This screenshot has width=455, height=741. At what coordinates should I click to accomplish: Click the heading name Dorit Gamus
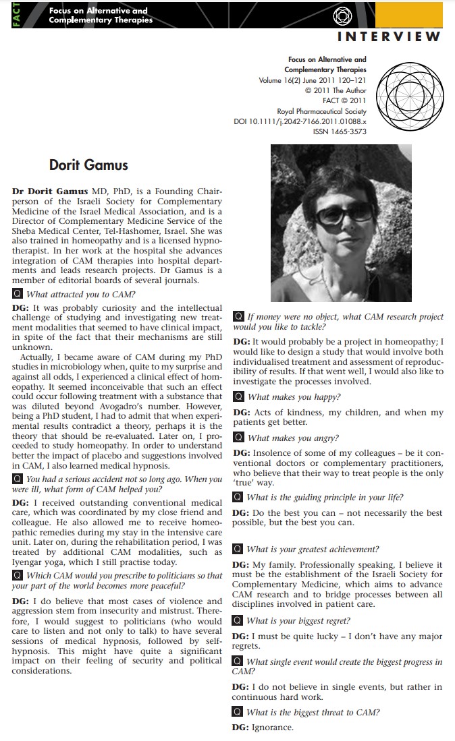[x=88, y=165]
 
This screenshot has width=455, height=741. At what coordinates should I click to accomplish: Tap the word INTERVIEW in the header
[x=390, y=36]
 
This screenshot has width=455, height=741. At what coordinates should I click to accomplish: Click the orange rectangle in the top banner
[x=419, y=14]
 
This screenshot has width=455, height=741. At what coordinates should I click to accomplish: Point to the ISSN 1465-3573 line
[x=340, y=131]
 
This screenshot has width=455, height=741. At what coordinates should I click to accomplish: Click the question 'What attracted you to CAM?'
[x=80, y=294]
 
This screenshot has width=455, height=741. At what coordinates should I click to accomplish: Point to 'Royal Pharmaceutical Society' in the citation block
[x=321, y=111]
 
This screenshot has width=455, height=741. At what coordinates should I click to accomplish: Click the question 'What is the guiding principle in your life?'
[x=325, y=498]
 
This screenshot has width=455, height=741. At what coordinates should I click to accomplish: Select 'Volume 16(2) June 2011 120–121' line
[x=313, y=80]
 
